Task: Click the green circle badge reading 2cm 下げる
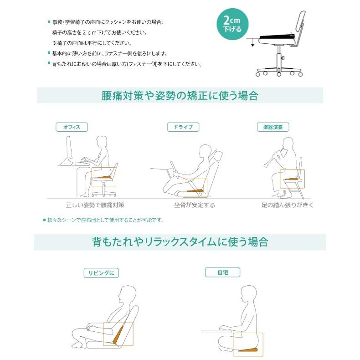point(236,24)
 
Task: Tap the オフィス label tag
point(72,127)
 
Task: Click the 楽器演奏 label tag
point(273,127)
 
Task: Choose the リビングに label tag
point(101,273)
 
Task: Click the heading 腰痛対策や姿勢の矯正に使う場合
point(180,96)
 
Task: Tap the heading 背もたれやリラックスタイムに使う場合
point(180,242)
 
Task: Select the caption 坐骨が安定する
point(194,205)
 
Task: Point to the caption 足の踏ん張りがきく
point(287,205)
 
